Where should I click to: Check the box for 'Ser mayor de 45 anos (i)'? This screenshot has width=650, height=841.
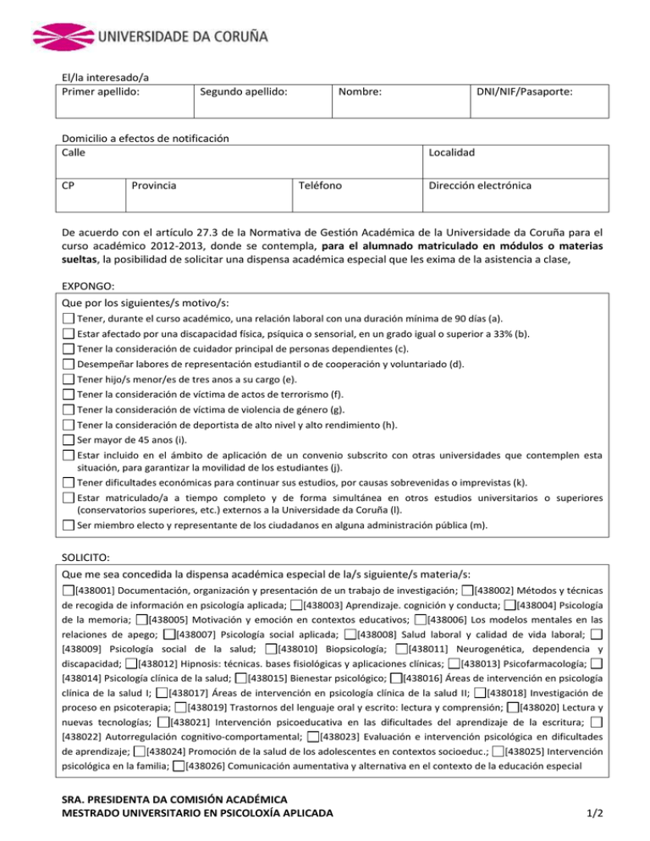(69, 441)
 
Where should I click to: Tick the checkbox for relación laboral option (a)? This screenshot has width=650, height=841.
(69, 318)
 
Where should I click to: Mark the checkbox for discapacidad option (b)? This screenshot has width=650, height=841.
(69, 334)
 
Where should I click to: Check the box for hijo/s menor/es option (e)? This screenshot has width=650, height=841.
(69, 380)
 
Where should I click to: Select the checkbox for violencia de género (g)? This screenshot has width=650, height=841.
(69, 410)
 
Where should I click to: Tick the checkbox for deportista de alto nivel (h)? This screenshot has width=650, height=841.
(69, 426)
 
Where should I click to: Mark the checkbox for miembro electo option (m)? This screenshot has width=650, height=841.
(69, 525)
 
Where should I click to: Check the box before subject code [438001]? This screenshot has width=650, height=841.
(69, 589)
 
